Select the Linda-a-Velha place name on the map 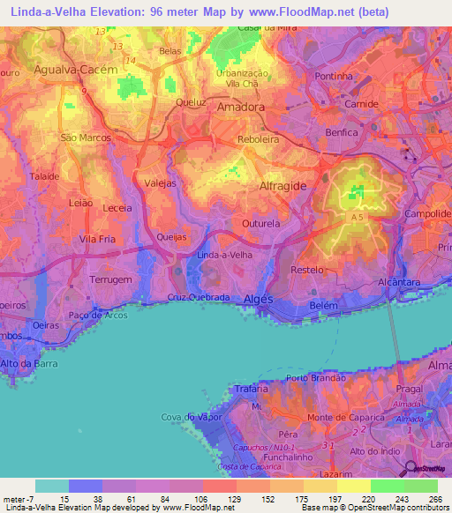pos(225,255)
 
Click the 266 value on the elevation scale pos(433,498)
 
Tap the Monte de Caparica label pos(337,416)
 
